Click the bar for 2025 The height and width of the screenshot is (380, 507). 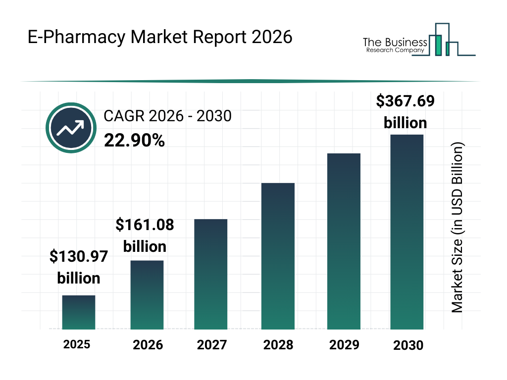click(78, 312)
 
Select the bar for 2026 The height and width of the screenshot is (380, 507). click(147, 295)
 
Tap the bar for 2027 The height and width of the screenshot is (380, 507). click(210, 274)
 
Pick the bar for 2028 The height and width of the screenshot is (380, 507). click(278, 256)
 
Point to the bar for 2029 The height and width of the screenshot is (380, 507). click(344, 241)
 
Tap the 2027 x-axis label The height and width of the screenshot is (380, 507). click(211, 345)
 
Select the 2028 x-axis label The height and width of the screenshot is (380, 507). click(278, 345)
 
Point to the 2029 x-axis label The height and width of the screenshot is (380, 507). click(344, 345)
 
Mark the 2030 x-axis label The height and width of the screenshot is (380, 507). click(408, 345)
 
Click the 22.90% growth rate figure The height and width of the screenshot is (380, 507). click(134, 141)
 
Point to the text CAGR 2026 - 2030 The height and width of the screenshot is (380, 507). click(167, 116)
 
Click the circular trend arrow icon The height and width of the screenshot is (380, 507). click(70, 128)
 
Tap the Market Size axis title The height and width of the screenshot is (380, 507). click(457, 228)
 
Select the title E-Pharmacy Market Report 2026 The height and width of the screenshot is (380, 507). click(160, 38)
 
